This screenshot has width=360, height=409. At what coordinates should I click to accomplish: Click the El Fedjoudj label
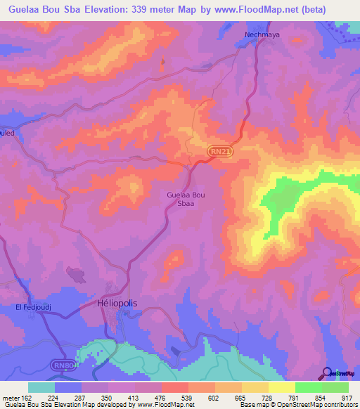pyautogui.click(x=30, y=307)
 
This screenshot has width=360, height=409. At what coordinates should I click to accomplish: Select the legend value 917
pyautogui.click(x=347, y=397)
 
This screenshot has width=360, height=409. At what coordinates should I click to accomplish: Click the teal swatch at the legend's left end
pyautogui.click(x=41, y=387)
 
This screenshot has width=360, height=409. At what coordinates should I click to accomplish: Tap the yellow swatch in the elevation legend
pyautogui.click(x=282, y=387)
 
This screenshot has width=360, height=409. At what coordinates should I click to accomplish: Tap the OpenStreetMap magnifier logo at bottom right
pyautogui.click(x=328, y=373)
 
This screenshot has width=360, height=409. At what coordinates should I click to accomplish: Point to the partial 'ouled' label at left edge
pyautogui.click(x=7, y=132)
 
